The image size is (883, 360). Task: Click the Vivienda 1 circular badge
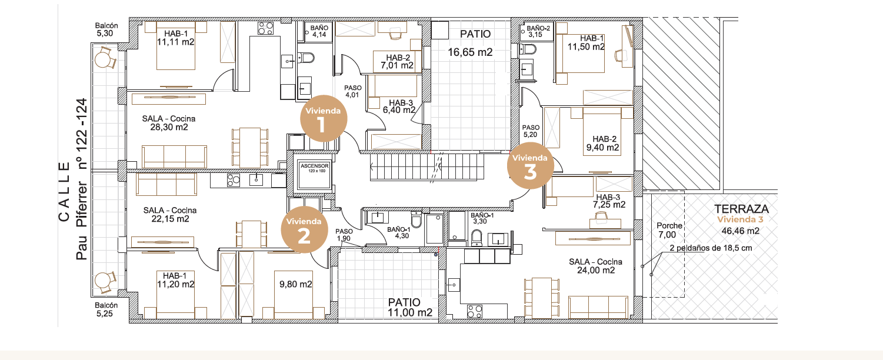tap(324, 118)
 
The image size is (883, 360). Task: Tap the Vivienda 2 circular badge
tap(304, 229)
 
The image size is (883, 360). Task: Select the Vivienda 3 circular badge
tap(530, 166)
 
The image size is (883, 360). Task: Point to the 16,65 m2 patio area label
tap(470, 52)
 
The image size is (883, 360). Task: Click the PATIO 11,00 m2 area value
tap(410, 313)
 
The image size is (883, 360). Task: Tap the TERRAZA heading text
tap(741, 209)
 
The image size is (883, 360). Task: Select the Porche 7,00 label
tap(669, 230)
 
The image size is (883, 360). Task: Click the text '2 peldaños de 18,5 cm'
tap(711, 248)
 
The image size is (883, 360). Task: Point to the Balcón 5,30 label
tap(106, 29)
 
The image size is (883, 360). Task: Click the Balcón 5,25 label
tap(106, 309)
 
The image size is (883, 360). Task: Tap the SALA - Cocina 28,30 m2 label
tap(169, 123)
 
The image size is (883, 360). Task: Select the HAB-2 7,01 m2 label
tap(397, 62)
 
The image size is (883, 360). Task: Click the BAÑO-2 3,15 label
tap(538, 32)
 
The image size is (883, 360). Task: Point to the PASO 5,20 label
tap(531, 131)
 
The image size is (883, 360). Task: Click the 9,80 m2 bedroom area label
tap(296, 284)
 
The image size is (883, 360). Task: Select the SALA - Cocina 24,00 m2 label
tap(596, 266)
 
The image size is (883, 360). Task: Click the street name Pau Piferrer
tap(81, 221)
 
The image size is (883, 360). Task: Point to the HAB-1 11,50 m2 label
tap(586, 42)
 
